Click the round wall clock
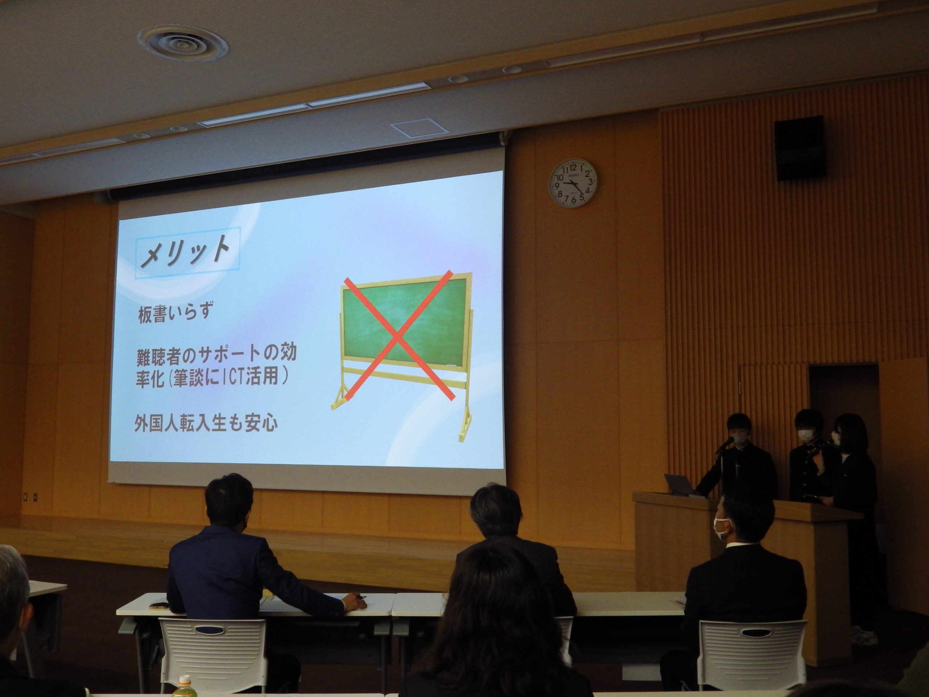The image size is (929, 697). click(574, 183)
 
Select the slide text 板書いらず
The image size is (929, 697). click(174, 313)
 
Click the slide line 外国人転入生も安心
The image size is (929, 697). click(206, 423)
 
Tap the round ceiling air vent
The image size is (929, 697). click(184, 43)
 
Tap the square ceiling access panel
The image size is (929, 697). click(414, 127)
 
